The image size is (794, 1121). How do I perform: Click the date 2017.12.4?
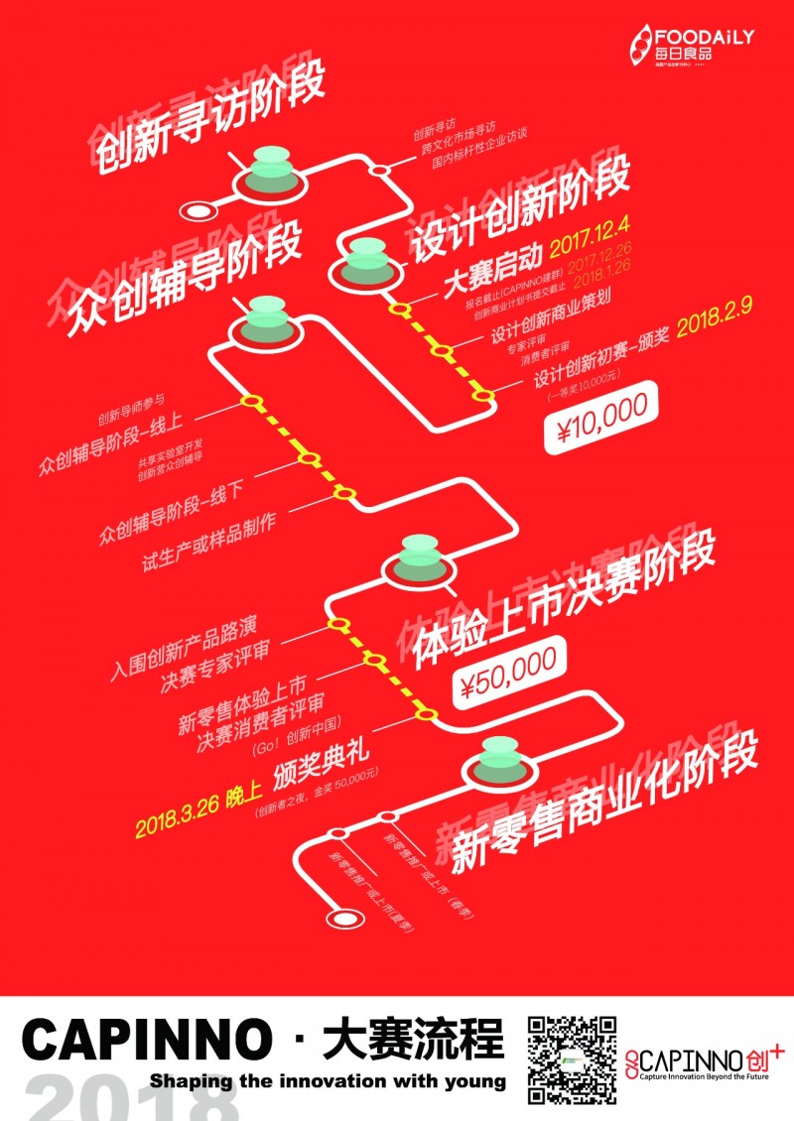pos(589,242)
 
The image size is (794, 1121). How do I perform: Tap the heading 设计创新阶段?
pos(518,210)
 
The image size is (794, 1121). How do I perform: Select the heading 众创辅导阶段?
pos(184,275)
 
